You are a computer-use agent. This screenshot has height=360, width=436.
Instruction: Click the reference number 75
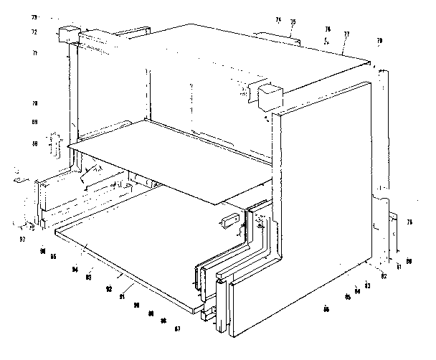(293, 22)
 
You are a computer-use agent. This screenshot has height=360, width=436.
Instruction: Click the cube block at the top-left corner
(68, 35)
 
